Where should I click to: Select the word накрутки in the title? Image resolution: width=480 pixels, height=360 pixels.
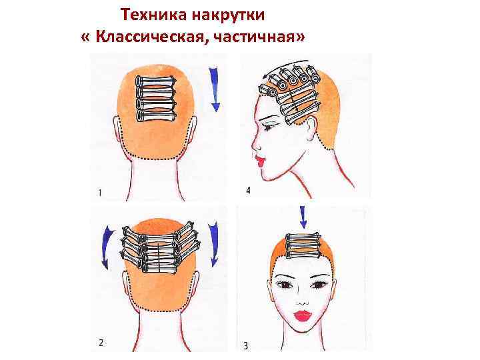(228, 15)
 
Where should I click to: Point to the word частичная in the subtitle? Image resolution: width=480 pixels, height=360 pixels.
(252, 37)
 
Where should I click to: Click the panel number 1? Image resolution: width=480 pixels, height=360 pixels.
(99, 193)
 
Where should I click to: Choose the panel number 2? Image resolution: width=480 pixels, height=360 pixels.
(101, 342)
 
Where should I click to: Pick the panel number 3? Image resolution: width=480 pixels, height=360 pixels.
(246, 346)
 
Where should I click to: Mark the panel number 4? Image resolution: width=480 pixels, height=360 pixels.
(248, 190)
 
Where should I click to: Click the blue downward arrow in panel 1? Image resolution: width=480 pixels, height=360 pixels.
(215, 89)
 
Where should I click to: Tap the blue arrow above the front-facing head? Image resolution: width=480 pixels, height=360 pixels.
(303, 217)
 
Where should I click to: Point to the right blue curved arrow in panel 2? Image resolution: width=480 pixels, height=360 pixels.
(213, 244)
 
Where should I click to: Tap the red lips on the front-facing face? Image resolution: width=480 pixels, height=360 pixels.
(302, 315)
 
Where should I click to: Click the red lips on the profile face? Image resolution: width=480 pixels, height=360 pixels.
(259, 161)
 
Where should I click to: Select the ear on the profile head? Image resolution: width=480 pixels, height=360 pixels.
(311, 128)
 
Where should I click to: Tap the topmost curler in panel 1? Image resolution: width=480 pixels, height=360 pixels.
(156, 81)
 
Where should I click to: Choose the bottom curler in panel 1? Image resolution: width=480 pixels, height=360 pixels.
(156, 116)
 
